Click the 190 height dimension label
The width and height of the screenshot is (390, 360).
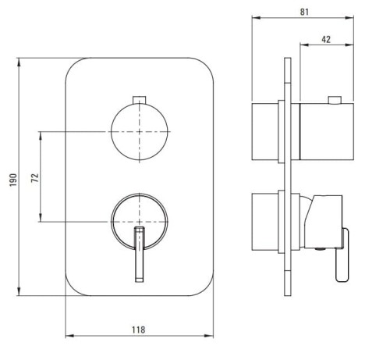[13, 180]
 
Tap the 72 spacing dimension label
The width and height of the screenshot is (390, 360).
[35, 178]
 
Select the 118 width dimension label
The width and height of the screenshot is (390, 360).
[138, 330]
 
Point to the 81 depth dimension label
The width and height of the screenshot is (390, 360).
[304, 12]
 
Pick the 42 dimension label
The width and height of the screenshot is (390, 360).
[326, 39]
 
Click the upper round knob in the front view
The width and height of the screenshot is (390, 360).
[140, 132]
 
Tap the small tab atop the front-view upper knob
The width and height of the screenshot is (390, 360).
[140, 100]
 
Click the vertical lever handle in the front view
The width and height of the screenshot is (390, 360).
[140, 255]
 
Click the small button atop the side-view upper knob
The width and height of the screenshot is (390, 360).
[335, 100]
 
